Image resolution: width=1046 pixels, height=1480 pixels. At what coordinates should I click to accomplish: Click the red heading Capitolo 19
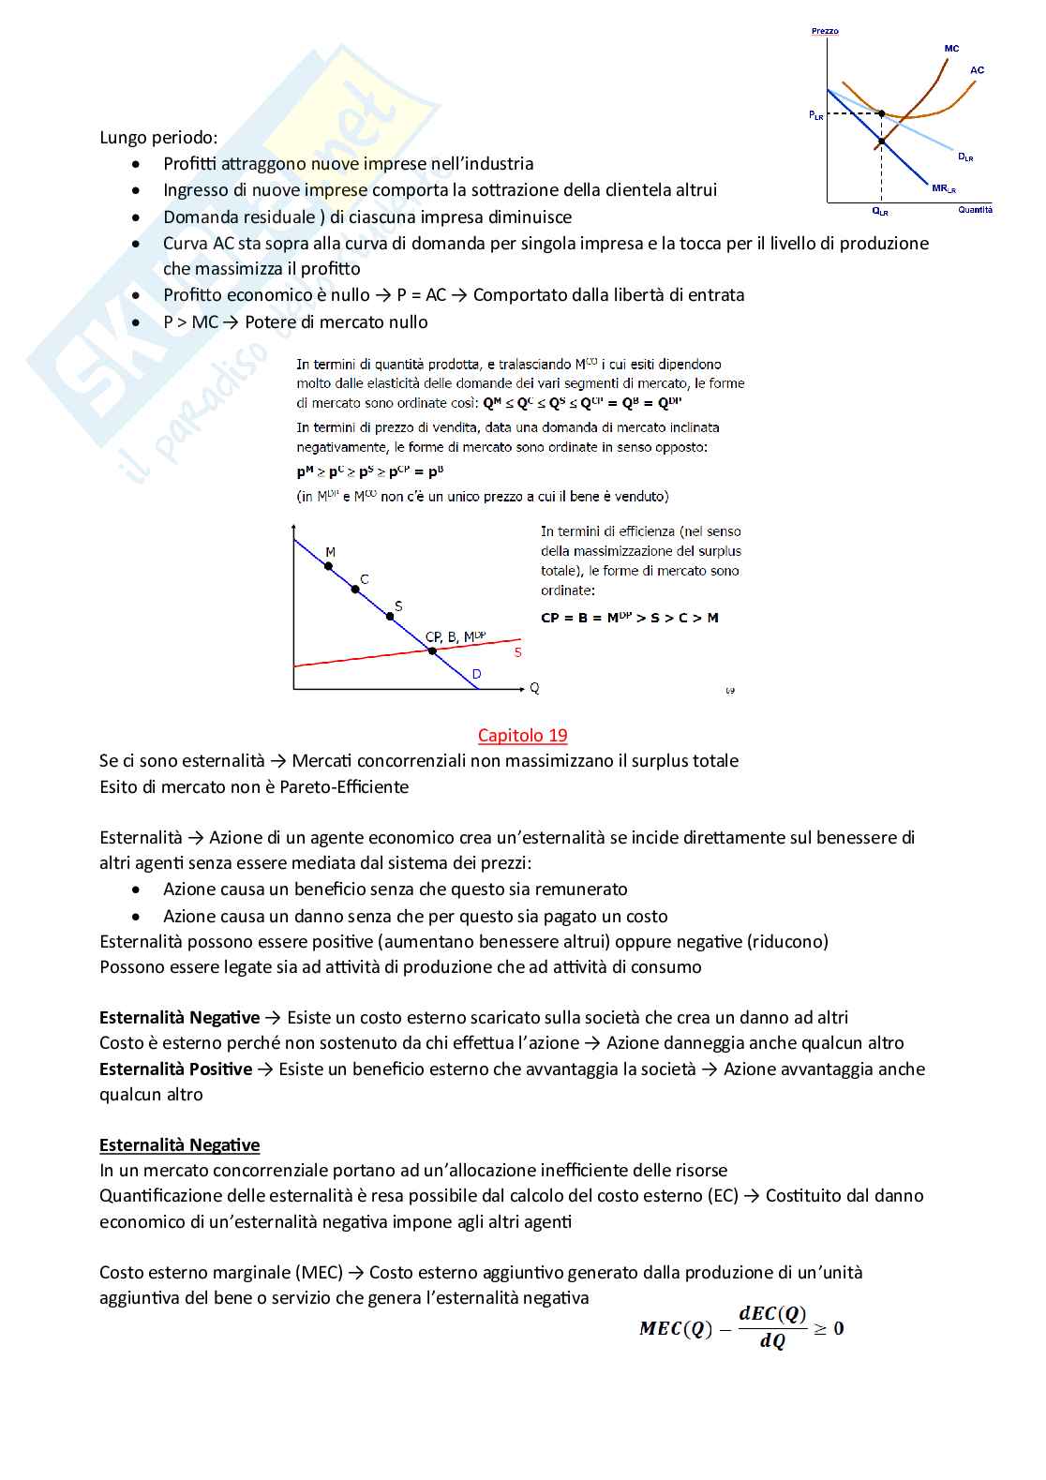pos(522,736)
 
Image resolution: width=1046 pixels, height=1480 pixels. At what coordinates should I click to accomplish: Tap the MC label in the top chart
pos(951,49)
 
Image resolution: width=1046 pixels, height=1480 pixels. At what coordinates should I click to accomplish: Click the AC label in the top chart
pos(977,70)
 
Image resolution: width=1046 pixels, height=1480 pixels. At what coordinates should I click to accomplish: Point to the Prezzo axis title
pos(825,31)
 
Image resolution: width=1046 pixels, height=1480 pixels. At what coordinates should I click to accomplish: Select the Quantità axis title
pos(975,210)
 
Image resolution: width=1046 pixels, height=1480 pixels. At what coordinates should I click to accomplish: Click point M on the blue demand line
pos(328,566)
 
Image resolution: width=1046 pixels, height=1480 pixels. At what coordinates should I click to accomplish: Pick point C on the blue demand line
pos(355,590)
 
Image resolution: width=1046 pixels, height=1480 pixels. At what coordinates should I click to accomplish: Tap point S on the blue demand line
pos(390,616)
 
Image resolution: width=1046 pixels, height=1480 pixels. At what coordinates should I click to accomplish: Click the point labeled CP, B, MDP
pos(432,650)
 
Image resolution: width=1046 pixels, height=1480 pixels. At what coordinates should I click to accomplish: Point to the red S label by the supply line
pos(517,652)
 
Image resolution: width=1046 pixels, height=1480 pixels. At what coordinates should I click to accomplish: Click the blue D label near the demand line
pos(476,674)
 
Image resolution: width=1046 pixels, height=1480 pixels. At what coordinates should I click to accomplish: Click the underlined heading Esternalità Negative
pos(179,1145)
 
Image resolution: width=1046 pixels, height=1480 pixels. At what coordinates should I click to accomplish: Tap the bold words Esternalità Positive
pos(175,1069)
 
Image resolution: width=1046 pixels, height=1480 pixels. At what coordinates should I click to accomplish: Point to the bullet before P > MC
pos(137,322)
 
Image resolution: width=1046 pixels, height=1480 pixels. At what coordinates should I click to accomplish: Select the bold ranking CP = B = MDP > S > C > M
pos(629,618)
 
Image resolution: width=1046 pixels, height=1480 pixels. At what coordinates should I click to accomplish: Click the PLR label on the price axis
pos(816,115)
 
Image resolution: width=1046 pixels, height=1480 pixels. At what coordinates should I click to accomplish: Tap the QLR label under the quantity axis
pos(880,212)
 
